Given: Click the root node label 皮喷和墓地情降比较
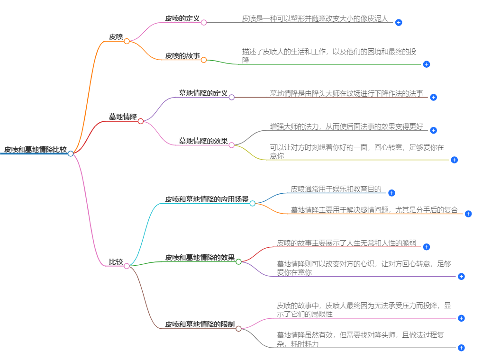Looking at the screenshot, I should point(35,150).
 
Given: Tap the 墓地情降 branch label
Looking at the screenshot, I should point(123,117).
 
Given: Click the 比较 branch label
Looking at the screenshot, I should point(116,262).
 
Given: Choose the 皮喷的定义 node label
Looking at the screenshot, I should point(182,18).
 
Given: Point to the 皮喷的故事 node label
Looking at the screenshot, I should point(182,55).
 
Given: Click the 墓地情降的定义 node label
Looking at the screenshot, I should point(203,93).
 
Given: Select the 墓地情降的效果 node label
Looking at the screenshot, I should point(203,141).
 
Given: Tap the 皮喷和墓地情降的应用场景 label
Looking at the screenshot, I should point(207,199).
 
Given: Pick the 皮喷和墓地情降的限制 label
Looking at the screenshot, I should point(200,324).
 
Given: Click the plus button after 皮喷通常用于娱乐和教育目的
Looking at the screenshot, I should point(391,193).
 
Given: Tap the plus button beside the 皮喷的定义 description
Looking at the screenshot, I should point(399,22).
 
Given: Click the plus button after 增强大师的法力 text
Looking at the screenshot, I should point(433,130).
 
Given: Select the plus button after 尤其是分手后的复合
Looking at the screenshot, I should point(468,214).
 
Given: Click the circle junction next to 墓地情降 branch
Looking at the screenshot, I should point(141,121).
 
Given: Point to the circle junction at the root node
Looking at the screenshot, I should point(71,153).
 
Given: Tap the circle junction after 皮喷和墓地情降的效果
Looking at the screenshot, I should point(238,261).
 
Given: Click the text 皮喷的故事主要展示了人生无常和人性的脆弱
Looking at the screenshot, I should point(346,243).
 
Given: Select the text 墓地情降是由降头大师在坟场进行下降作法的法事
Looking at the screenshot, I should point(346,94).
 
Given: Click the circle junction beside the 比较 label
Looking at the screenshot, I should point(127,266).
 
